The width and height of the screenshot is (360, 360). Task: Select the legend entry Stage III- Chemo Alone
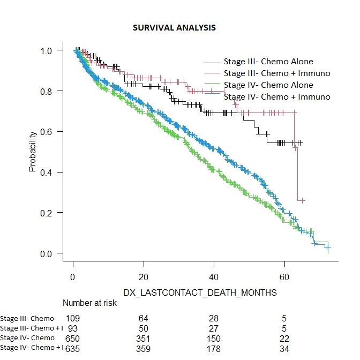coord(268,61)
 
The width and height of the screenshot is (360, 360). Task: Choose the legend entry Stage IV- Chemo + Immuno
coord(276,96)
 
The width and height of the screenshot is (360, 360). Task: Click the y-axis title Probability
coord(32,151)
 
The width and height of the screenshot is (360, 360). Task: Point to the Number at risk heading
coord(89,303)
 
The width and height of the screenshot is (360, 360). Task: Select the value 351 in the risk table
coord(143,338)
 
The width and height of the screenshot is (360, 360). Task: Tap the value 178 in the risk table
coord(214,348)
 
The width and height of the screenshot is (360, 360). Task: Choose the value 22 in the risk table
coord(284,338)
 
